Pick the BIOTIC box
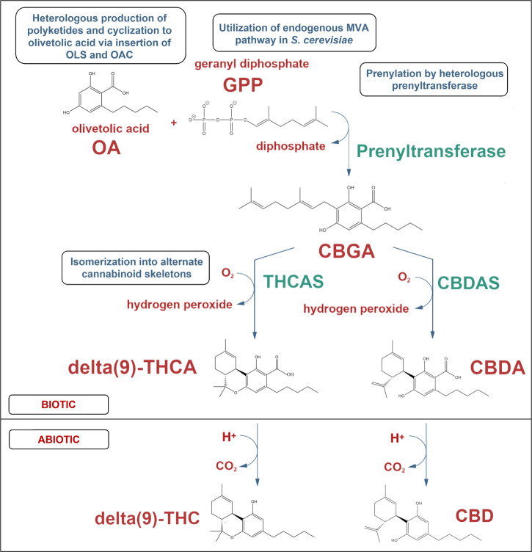58,403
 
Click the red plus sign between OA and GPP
174,123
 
